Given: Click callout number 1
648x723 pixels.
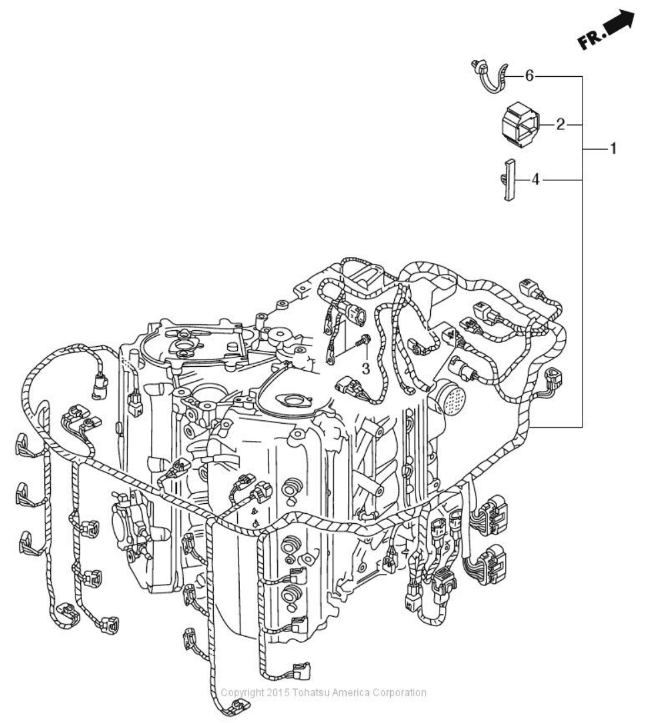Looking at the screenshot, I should (612, 148).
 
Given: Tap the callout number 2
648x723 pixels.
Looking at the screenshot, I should (560, 124).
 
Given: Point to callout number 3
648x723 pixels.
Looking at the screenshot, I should (365, 368).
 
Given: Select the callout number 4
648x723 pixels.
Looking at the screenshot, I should (536, 180).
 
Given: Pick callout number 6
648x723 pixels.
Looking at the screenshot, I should (528, 76).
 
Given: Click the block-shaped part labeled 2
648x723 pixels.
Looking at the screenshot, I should (521, 123).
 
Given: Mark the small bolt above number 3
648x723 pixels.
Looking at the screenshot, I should (365, 341).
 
